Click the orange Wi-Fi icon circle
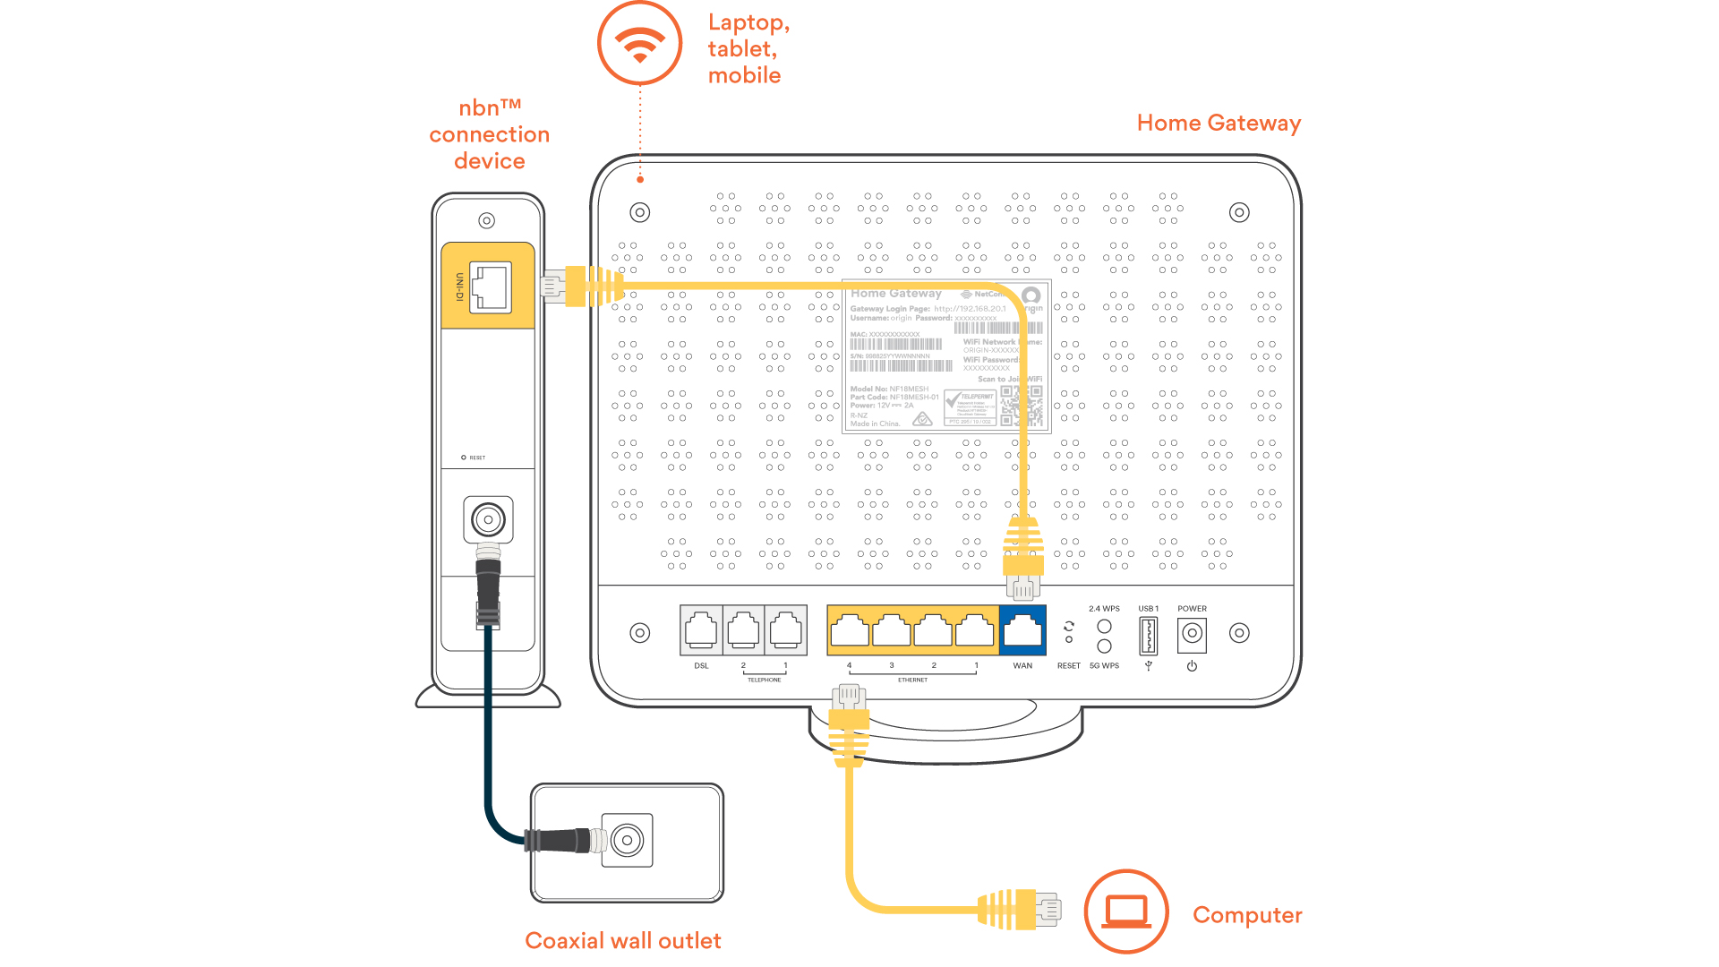pos(639,43)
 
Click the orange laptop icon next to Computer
pos(1125,911)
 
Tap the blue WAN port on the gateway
pos(1022,630)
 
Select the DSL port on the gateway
pos(701,630)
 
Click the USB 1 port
pos(1148,636)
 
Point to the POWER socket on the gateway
pos(1192,634)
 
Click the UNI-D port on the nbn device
pos(490,287)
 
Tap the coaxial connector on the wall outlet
pos(627,840)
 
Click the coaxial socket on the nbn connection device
pos(488,519)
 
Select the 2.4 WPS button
pos(1104,626)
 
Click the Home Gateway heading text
pos(1218,123)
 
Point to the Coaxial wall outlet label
pos(622,940)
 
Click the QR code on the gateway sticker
pos(1021,406)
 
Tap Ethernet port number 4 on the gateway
pos(850,630)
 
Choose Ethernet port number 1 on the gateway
pos(975,630)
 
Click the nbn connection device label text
pos(489,134)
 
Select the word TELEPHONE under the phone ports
pos(764,680)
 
